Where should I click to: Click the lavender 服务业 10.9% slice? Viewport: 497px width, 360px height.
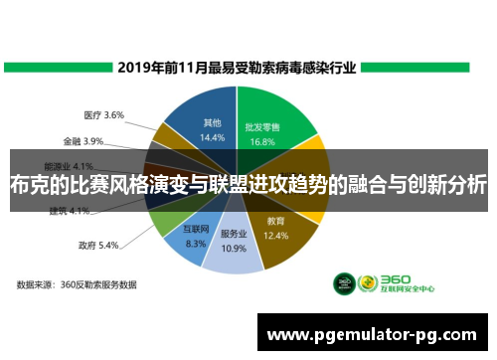click(233, 244)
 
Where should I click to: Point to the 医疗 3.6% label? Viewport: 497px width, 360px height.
click(103, 115)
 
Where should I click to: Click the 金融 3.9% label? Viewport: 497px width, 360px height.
click(83, 140)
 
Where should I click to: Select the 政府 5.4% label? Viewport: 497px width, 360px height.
click(98, 244)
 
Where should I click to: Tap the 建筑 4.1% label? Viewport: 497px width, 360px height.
click(71, 211)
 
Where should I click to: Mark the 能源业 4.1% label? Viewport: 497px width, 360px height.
click(70, 165)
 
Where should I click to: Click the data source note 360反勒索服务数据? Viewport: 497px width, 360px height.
click(77, 284)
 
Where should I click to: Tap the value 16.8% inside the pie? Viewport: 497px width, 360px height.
click(261, 141)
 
